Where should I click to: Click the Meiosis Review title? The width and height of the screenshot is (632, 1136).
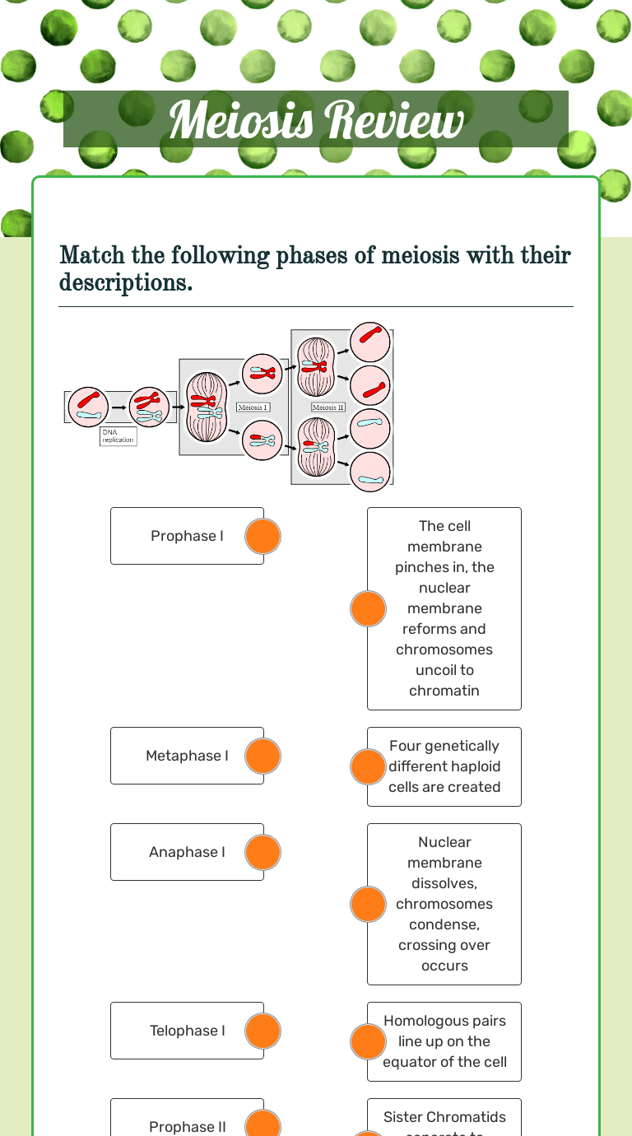(x=316, y=121)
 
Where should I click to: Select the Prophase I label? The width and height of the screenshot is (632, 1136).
(x=187, y=536)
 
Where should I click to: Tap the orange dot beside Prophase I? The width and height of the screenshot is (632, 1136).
(x=263, y=537)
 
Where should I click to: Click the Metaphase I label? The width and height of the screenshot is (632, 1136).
(x=187, y=756)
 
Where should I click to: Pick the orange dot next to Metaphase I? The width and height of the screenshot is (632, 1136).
(x=263, y=757)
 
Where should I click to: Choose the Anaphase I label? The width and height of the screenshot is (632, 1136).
(x=187, y=852)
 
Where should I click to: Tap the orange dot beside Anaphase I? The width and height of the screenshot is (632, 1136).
(x=263, y=853)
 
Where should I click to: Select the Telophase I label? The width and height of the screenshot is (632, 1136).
(x=187, y=1031)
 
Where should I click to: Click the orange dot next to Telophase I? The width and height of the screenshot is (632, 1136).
(x=263, y=1031)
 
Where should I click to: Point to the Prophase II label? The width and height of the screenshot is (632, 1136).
(x=187, y=1126)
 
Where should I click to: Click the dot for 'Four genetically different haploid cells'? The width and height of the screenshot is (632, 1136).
(x=368, y=767)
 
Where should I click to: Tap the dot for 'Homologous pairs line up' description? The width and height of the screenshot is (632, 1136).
(x=368, y=1042)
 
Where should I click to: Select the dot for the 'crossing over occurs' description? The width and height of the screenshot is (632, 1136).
(x=368, y=905)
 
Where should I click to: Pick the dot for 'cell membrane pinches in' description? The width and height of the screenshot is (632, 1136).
(x=368, y=609)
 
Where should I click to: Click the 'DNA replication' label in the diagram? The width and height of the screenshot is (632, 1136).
(x=118, y=436)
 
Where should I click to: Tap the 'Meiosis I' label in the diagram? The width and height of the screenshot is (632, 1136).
(x=253, y=407)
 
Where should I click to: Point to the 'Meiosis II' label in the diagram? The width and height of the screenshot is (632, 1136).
(x=328, y=407)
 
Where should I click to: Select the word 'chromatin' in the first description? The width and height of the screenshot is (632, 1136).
(x=444, y=691)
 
